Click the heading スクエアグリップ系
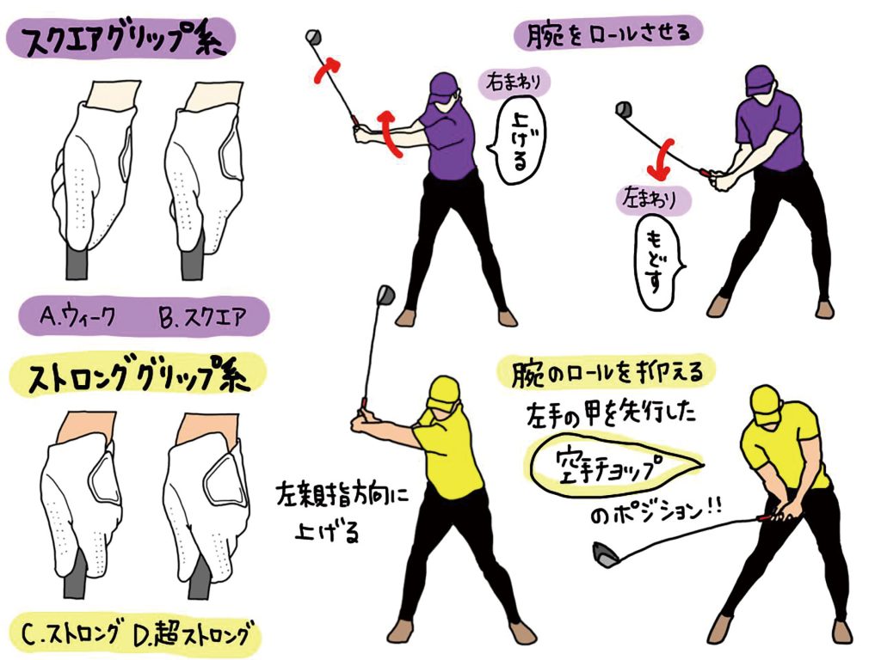tap(120, 39)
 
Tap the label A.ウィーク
tap(77, 317)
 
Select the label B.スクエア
tap(202, 317)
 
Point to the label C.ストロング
tap(70, 634)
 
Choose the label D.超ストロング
tap(192, 634)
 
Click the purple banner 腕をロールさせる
tap(608, 34)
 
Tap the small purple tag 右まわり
tap(514, 83)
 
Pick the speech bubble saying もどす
tap(656, 263)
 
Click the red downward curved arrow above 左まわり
tap(660, 159)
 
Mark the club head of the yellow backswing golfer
tap(385, 294)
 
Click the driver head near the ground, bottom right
tap(607, 554)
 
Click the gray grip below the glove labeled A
tap(77, 263)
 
